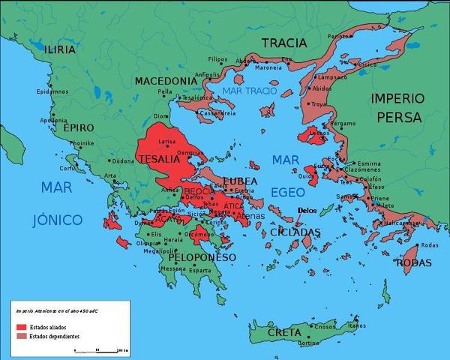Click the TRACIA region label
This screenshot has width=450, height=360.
click(283, 43)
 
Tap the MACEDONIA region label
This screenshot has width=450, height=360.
click(166, 80)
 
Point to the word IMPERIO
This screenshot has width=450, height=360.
click(397, 99)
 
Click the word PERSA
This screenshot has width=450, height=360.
click(400, 118)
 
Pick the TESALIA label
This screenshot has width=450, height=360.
click(159, 159)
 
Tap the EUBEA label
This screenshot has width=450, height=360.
click(240, 181)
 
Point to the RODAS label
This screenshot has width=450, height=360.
click(414, 262)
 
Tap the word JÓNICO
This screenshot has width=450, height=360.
click(55, 220)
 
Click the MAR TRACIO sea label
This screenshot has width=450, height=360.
click(250, 91)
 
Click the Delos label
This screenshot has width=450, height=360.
click(307, 211)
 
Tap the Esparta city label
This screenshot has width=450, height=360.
click(199, 271)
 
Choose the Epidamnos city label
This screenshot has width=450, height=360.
click(52, 91)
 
